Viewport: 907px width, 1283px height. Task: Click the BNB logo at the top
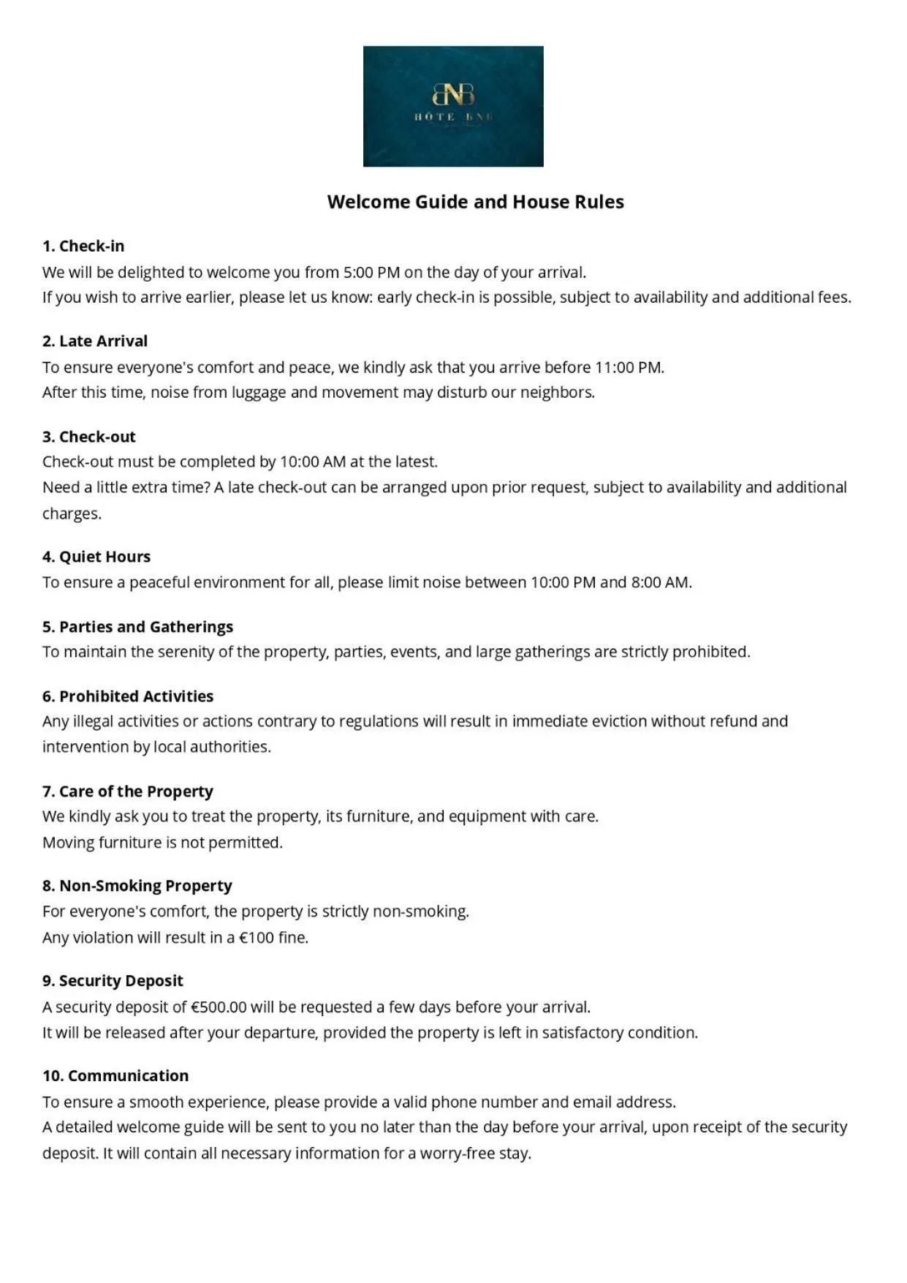tap(453, 106)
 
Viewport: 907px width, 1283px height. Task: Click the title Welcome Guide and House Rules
tap(475, 202)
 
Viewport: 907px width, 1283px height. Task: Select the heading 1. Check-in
tap(83, 246)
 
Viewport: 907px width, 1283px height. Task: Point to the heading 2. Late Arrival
tap(95, 341)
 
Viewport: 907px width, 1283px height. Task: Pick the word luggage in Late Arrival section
tap(259, 393)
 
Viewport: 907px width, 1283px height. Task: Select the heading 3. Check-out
tap(89, 437)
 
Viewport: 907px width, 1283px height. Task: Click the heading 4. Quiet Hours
tap(96, 557)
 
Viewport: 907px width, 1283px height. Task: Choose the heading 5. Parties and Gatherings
tap(137, 627)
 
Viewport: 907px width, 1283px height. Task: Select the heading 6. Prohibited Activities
tap(128, 696)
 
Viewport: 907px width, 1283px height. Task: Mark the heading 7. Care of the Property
tap(128, 791)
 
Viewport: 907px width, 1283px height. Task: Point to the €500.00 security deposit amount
tap(219, 1007)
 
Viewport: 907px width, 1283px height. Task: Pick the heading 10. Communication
tap(115, 1076)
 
